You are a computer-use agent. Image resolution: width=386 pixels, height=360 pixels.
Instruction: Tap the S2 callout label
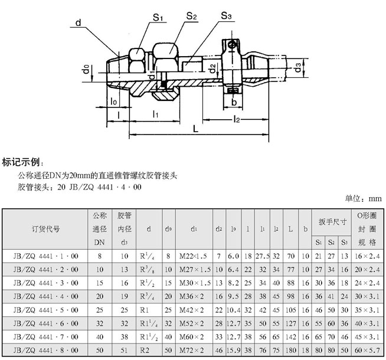tap(191, 17)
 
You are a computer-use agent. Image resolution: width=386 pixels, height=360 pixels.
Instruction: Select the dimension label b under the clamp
tap(234, 102)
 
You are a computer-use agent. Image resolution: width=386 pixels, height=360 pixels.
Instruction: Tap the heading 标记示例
tap(23, 162)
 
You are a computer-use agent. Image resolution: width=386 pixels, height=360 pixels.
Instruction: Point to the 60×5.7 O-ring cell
tap(367, 351)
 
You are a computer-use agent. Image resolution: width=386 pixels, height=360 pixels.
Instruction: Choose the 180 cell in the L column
tap(291, 351)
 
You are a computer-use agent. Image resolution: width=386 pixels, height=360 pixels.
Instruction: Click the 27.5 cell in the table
tap(263, 255)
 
